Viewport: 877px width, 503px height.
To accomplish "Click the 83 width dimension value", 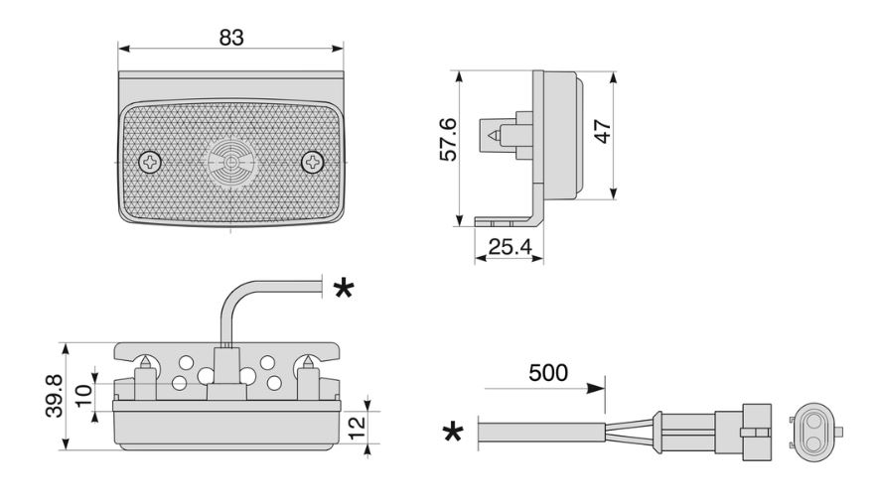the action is pyautogui.click(x=231, y=38).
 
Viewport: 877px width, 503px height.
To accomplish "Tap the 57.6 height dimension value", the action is pyautogui.click(x=449, y=139).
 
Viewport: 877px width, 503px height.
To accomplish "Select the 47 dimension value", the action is pyautogui.click(x=602, y=131).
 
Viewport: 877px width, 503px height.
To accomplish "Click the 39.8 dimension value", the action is pyautogui.click(x=55, y=396).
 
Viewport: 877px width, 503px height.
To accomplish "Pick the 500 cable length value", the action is pyautogui.click(x=548, y=373).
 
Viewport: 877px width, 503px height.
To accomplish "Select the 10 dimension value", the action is pyautogui.click(x=83, y=396).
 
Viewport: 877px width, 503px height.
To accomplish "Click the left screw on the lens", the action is pyautogui.click(x=150, y=163).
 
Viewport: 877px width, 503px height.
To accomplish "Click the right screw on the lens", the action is pyautogui.click(x=313, y=162).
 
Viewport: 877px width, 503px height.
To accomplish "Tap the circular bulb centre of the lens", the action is pyautogui.click(x=231, y=163).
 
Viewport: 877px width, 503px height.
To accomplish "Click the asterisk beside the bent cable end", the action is pyautogui.click(x=344, y=289).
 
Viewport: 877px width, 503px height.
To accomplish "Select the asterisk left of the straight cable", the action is pyautogui.click(x=453, y=432).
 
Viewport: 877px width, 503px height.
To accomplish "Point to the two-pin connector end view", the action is pyautogui.click(x=814, y=431).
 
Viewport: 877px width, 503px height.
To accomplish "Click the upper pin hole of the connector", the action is pyautogui.click(x=813, y=419).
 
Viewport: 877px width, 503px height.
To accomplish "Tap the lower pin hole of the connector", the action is pyautogui.click(x=813, y=443).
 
